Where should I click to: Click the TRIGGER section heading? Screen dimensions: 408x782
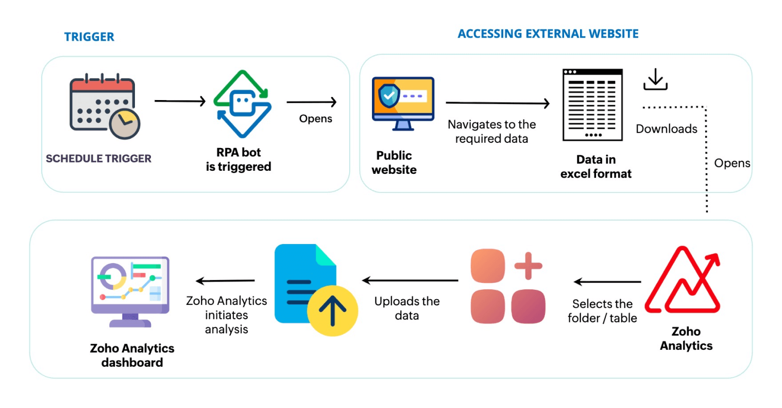point(89,37)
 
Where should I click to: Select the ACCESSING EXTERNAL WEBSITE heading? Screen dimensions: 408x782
point(548,34)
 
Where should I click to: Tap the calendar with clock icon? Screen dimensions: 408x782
point(105,108)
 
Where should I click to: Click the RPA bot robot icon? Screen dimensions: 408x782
point(242,104)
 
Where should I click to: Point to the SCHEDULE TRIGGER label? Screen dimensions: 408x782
point(98,158)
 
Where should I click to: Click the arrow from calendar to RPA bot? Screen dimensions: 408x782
point(180,101)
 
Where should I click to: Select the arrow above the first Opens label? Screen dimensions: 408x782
point(312,102)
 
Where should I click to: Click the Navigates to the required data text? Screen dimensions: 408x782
point(491,132)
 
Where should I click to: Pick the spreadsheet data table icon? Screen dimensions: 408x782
point(592,105)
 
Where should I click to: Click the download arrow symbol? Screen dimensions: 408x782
point(655,80)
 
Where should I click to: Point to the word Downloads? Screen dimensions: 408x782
point(666,129)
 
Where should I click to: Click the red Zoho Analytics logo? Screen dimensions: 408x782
point(683,281)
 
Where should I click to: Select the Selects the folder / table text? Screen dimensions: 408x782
point(602,311)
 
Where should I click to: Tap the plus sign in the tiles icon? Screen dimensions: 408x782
point(528,266)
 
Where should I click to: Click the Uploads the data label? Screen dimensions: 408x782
point(406,308)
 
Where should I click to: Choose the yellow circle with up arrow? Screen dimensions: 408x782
point(332,311)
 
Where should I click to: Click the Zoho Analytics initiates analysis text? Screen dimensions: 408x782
point(226,315)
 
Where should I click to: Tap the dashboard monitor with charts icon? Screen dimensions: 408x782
point(130,291)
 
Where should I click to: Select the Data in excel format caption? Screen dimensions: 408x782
point(596,167)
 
